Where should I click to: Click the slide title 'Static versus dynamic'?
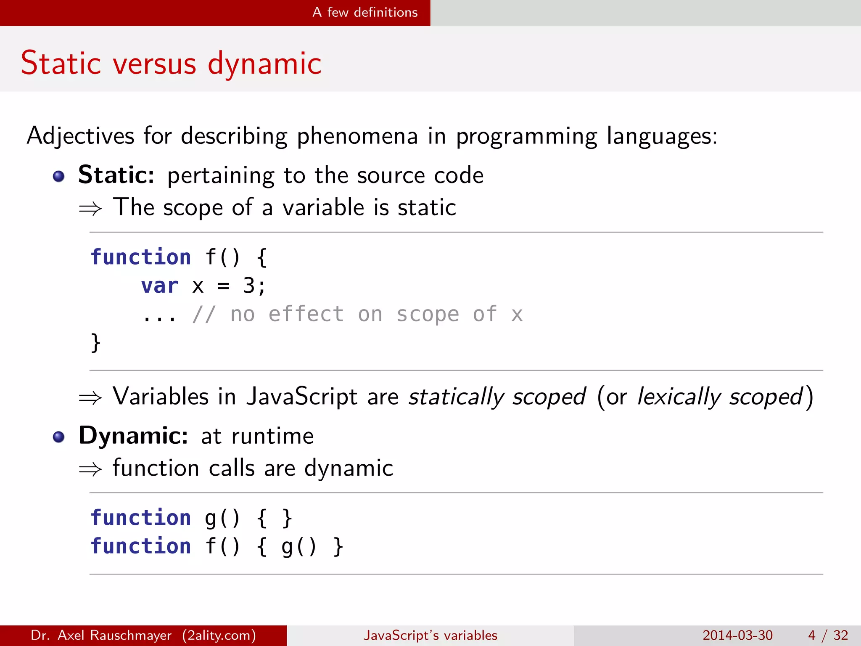pyautogui.click(x=171, y=63)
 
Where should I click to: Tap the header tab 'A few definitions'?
pyautogui.click(x=365, y=12)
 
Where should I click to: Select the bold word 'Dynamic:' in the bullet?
pyautogui.click(x=133, y=435)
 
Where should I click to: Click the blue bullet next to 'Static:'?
pyautogui.click(x=59, y=176)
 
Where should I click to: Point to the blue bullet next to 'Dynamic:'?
pyautogui.click(x=59, y=437)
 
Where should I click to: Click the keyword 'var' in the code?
pyautogui.click(x=159, y=286)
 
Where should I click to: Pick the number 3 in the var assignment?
pyautogui.click(x=248, y=286)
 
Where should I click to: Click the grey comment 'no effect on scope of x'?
pyautogui.click(x=376, y=314)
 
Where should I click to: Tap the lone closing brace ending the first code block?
pyautogui.click(x=95, y=342)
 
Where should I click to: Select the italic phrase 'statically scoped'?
pyautogui.click(x=497, y=397)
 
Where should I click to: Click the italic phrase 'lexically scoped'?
pyautogui.click(x=720, y=397)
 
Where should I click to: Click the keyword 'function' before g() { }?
pyautogui.click(x=141, y=517)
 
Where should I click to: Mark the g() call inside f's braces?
pyautogui.click(x=298, y=546)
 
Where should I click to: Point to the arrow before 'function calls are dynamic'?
pyautogui.click(x=90, y=469)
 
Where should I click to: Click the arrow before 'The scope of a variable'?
pyautogui.click(x=90, y=208)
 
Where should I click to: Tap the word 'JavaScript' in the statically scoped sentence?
pyautogui.click(x=301, y=397)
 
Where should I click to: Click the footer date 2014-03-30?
pyautogui.click(x=737, y=635)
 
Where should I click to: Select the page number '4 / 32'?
pyautogui.click(x=828, y=635)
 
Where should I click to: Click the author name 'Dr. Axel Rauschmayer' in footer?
pyautogui.click(x=101, y=635)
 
